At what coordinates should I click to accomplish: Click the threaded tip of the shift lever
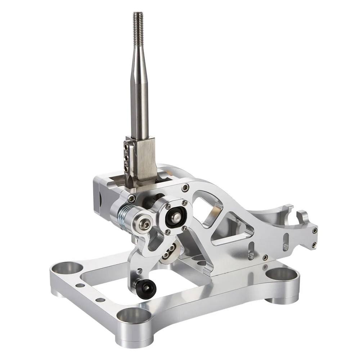pyautogui.click(x=138, y=22)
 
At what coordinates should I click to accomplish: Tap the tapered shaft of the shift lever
pyautogui.click(x=139, y=90)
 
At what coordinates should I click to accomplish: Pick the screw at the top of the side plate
pyautogui.click(x=185, y=187)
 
